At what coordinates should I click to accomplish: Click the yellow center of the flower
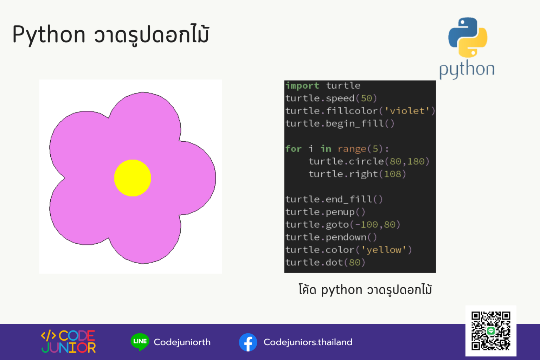click(x=133, y=178)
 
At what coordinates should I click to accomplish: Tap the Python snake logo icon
click(x=468, y=37)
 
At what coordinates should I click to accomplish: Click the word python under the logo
click(x=467, y=69)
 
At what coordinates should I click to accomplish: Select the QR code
click(x=491, y=331)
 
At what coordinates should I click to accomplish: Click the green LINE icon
click(x=140, y=341)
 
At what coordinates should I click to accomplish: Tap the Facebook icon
click(x=248, y=342)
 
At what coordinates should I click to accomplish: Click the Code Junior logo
click(x=69, y=341)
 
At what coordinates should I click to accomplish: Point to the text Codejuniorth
click(x=182, y=342)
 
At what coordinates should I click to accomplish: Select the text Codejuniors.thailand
click(x=308, y=342)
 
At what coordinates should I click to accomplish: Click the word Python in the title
click(x=49, y=35)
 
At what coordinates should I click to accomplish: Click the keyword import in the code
click(x=302, y=86)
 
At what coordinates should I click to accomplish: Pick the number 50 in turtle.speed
click(x=366, y=98)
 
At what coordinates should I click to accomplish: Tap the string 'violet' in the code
click(x=407, y=111)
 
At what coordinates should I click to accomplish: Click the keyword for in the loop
click(x=294, y=149)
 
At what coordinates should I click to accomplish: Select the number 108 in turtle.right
click(x=392, y=174)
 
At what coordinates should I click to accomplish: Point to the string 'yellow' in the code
click(x=384, y=250)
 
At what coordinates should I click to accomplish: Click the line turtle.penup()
click(x=325, y=212)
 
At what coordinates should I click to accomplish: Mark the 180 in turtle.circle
click(x=416, y=161)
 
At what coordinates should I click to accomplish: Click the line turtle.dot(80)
click(x=325, y=263)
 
